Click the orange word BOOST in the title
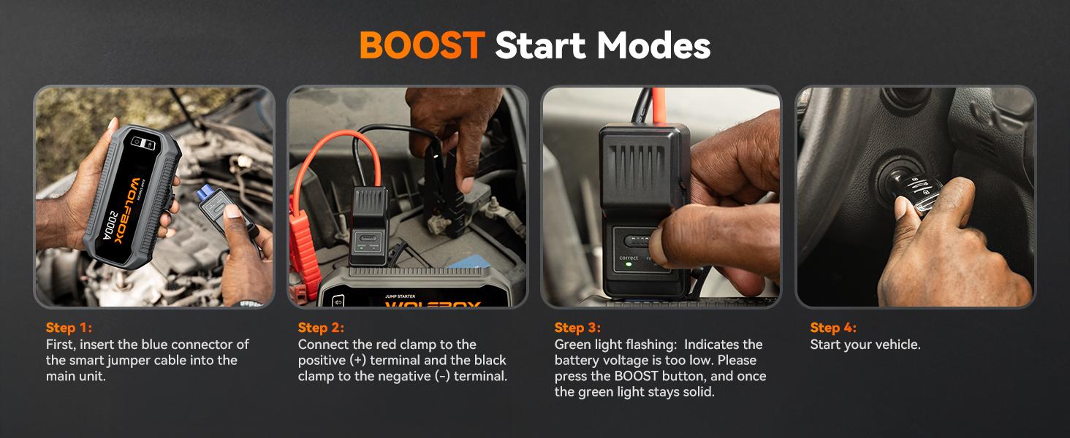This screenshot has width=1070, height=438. (422, 45)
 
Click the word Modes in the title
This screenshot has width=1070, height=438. (653, 45)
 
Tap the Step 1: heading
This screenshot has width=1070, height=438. (69, 328)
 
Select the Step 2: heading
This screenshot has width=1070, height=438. (321, 328)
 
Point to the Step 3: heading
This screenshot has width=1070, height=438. (577, 328)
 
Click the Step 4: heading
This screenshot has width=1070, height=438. (833, 328)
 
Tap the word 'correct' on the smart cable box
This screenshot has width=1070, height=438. (629, 258)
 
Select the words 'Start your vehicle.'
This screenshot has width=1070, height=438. (865, 345)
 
